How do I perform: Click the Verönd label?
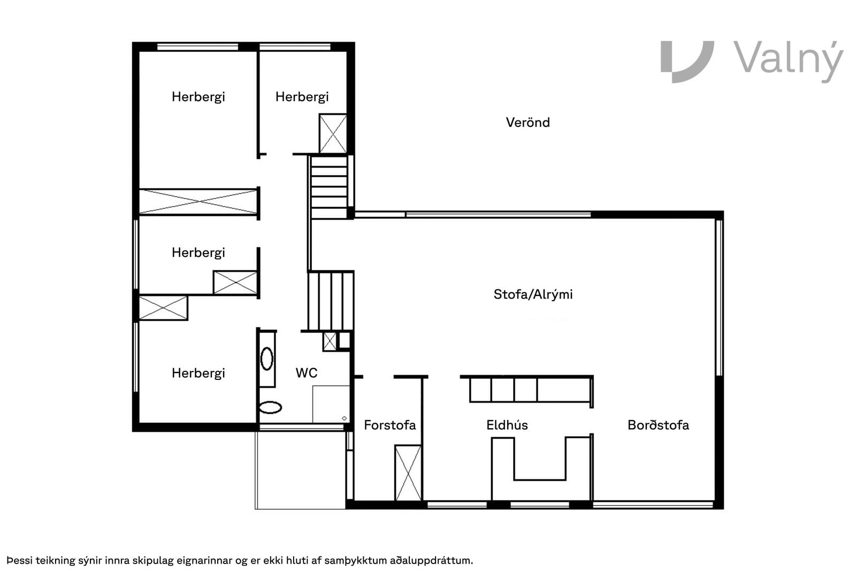[x=528, y=123]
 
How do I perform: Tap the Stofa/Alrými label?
[x=533, y=294]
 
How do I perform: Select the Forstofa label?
[x=390, y=425]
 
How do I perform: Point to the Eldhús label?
[x=507, y=425]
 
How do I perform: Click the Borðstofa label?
[x=658, y=425]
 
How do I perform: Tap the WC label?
[x=307, y=372]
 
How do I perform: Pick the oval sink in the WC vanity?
[x=267, y=359]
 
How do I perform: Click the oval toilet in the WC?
[x=271, y=407]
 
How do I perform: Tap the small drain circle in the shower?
[x=345, y=418]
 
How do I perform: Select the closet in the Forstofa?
[x=408, y=473]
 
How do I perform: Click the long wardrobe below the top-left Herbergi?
[x=198, y=201]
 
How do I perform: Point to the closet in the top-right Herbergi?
[x=333, y=133]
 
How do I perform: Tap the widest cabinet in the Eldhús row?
[x=564, y=390]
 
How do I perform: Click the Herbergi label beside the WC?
[x=198, y=373]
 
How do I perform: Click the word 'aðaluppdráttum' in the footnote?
[x=431, y=561]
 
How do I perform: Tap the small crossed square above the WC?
[x=330, y=341]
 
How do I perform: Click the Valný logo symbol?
[x=687, y=62]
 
